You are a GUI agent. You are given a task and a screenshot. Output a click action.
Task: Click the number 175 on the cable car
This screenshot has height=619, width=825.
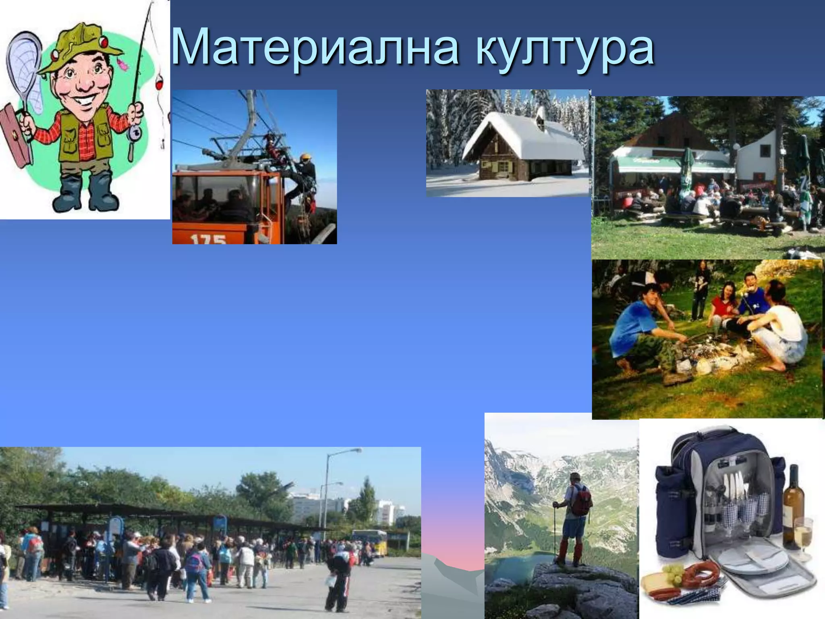click(208, 239)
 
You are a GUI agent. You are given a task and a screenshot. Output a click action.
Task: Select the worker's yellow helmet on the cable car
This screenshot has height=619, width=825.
click(305, 157)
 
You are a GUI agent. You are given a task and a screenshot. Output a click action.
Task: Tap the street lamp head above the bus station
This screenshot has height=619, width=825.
click(354, 451)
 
